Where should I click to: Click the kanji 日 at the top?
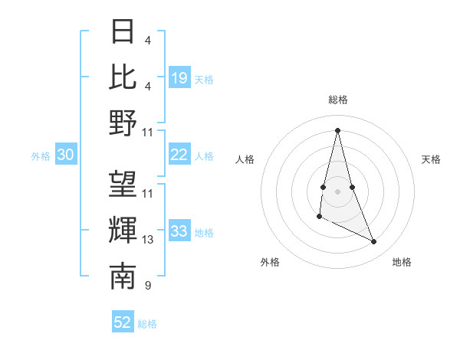(123, 31)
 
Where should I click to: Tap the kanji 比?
(123, 77)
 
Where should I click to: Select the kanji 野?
(123, 123)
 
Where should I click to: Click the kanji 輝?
(123, 231)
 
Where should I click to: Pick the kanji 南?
(123, 277)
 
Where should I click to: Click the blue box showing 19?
(179, 77)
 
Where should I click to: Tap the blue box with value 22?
(179, 155)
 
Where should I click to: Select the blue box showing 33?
(179, 231)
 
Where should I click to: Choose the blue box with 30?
(65, 155)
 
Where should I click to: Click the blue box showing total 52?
(123, 322)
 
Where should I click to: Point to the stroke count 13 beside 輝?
(148, 240)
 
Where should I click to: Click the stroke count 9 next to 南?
(147, 286)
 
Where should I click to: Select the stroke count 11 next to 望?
(148, 194)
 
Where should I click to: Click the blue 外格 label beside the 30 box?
(41, 156)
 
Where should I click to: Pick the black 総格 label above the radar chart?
(337, 100)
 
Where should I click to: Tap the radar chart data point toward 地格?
(374, 242)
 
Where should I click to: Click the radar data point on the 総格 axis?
(337, 129)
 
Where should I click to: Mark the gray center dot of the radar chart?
(337, 189)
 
